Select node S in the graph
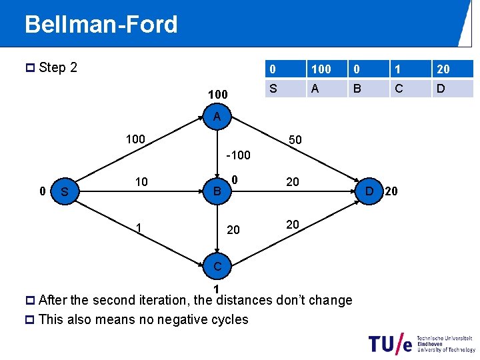[x=65, y=192]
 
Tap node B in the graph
[x=217, y=192]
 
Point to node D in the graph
[x=369, y=192]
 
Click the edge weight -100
[x=238, y=155]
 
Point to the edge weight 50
[x=294, y=140]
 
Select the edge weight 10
[x=141, y=182]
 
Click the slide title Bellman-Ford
[x=101, y=25]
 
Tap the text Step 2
[x=58, y=67]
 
